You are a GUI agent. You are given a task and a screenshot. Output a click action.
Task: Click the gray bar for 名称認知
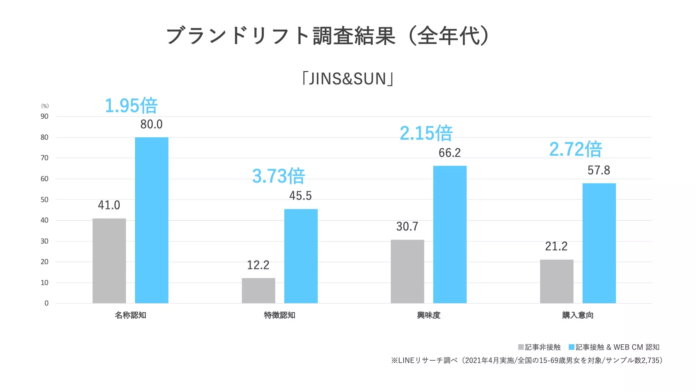coord(109,261)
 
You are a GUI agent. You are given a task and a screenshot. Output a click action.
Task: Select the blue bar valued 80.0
coord(152,220)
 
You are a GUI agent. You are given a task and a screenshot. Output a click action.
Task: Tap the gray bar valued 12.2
coord(259,290)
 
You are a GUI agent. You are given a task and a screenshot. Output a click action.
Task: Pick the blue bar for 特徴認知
coord(301,256)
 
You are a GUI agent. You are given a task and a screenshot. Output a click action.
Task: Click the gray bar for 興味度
coord(408,271)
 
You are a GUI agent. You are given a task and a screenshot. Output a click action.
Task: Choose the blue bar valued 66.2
coord(450,234)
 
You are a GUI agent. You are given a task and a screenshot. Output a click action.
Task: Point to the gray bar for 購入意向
coord(557,281)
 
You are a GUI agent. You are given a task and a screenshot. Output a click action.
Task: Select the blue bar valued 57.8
coord(599,243)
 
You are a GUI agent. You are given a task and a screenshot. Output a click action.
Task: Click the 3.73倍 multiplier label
coord(278,176)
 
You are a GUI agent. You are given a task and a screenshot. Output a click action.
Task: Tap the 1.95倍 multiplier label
coord(131,105)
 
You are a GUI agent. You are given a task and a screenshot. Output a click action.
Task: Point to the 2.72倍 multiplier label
coord(576,149)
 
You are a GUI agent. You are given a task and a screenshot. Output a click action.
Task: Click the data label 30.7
coord(407,227)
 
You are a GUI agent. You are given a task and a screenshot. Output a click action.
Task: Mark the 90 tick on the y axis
coord(45,116)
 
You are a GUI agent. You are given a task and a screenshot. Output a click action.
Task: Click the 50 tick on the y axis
coord(45,199)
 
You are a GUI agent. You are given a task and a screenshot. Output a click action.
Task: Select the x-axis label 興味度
coord(429,315)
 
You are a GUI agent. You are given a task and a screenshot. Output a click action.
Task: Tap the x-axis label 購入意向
coord(578,315)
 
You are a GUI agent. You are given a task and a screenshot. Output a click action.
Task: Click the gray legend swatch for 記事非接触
coord(521,347)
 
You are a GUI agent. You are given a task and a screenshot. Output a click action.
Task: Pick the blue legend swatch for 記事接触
coord(571,347)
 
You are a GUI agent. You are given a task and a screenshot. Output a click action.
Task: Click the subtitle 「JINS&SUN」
coord(348,79)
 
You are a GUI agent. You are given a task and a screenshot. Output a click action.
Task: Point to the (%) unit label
coord(45,106)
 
